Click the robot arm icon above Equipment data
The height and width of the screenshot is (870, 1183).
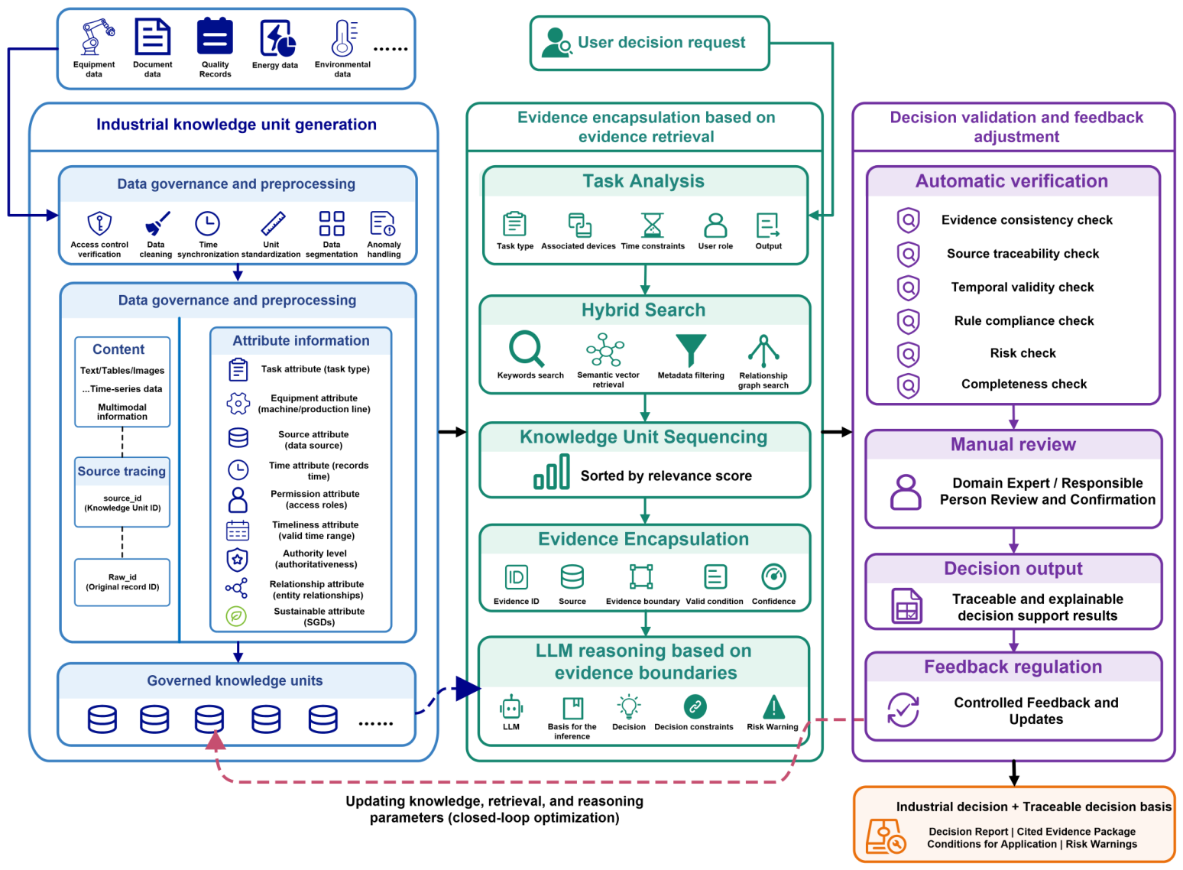tap(96, 37)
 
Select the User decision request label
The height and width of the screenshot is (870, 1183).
tap(661, 42)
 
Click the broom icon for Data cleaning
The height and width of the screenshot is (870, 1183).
tap(157, 223)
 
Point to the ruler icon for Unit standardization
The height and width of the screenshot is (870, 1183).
tap(274, 223)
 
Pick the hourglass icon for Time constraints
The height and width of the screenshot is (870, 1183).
tap(652, 225)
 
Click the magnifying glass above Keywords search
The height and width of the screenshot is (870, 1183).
tap(526, 349)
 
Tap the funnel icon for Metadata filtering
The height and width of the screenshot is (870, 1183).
tap(691, 349)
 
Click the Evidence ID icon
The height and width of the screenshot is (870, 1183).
tap(515, 577)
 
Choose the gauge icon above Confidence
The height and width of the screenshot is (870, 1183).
tap(773, 576)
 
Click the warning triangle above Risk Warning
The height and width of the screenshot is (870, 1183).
tap(773, 706)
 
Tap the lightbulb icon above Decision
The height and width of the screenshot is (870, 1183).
tap(628, 706)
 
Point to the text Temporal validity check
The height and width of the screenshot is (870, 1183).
tap(1023, 287)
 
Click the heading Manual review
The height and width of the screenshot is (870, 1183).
tap(1013, 445)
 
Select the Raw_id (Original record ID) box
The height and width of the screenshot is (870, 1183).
tap(122, 582)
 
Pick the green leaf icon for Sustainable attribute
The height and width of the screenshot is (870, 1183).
tap(237, 616)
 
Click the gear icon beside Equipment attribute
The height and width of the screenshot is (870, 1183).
tap(238, 404)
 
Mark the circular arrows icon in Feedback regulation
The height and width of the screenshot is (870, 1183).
tap(903, 710)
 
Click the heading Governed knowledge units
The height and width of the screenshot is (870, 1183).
tap(235, 680)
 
